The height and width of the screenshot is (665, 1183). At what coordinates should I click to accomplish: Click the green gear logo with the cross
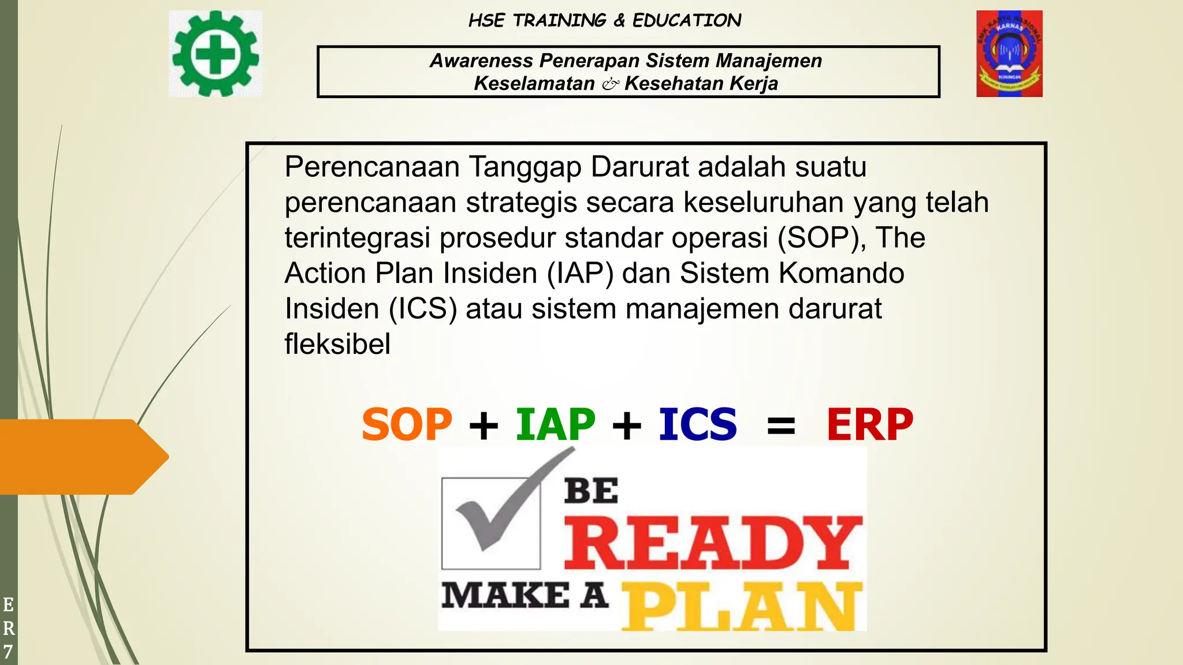pos(215,54)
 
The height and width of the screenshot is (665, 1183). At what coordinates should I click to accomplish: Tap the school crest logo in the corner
pos(1009,54)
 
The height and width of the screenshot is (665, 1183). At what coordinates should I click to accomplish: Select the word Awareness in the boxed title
pos(481,61)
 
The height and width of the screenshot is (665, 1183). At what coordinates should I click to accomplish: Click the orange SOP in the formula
pos(407,424)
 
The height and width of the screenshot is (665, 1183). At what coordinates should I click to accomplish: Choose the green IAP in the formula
pos(555,424)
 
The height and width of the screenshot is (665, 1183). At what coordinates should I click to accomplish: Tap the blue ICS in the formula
pos(698,424)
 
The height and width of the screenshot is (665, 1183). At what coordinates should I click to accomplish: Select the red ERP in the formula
pos(869,424)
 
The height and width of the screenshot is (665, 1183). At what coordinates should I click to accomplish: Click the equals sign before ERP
pos(781,427)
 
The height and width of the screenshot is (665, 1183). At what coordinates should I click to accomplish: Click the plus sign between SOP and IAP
pos(483,426)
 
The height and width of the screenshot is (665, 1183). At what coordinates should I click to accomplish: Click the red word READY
pos(712,543)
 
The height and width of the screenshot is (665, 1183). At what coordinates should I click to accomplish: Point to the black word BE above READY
pos(591,491)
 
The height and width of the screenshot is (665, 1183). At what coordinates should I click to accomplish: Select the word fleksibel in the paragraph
pos(337,344)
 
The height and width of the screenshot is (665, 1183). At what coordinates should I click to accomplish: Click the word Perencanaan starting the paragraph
pos(372,167)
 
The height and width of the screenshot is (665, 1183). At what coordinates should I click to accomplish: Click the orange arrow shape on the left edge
pos(81,457)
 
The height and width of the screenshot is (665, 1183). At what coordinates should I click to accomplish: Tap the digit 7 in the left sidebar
pos(8,652)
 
